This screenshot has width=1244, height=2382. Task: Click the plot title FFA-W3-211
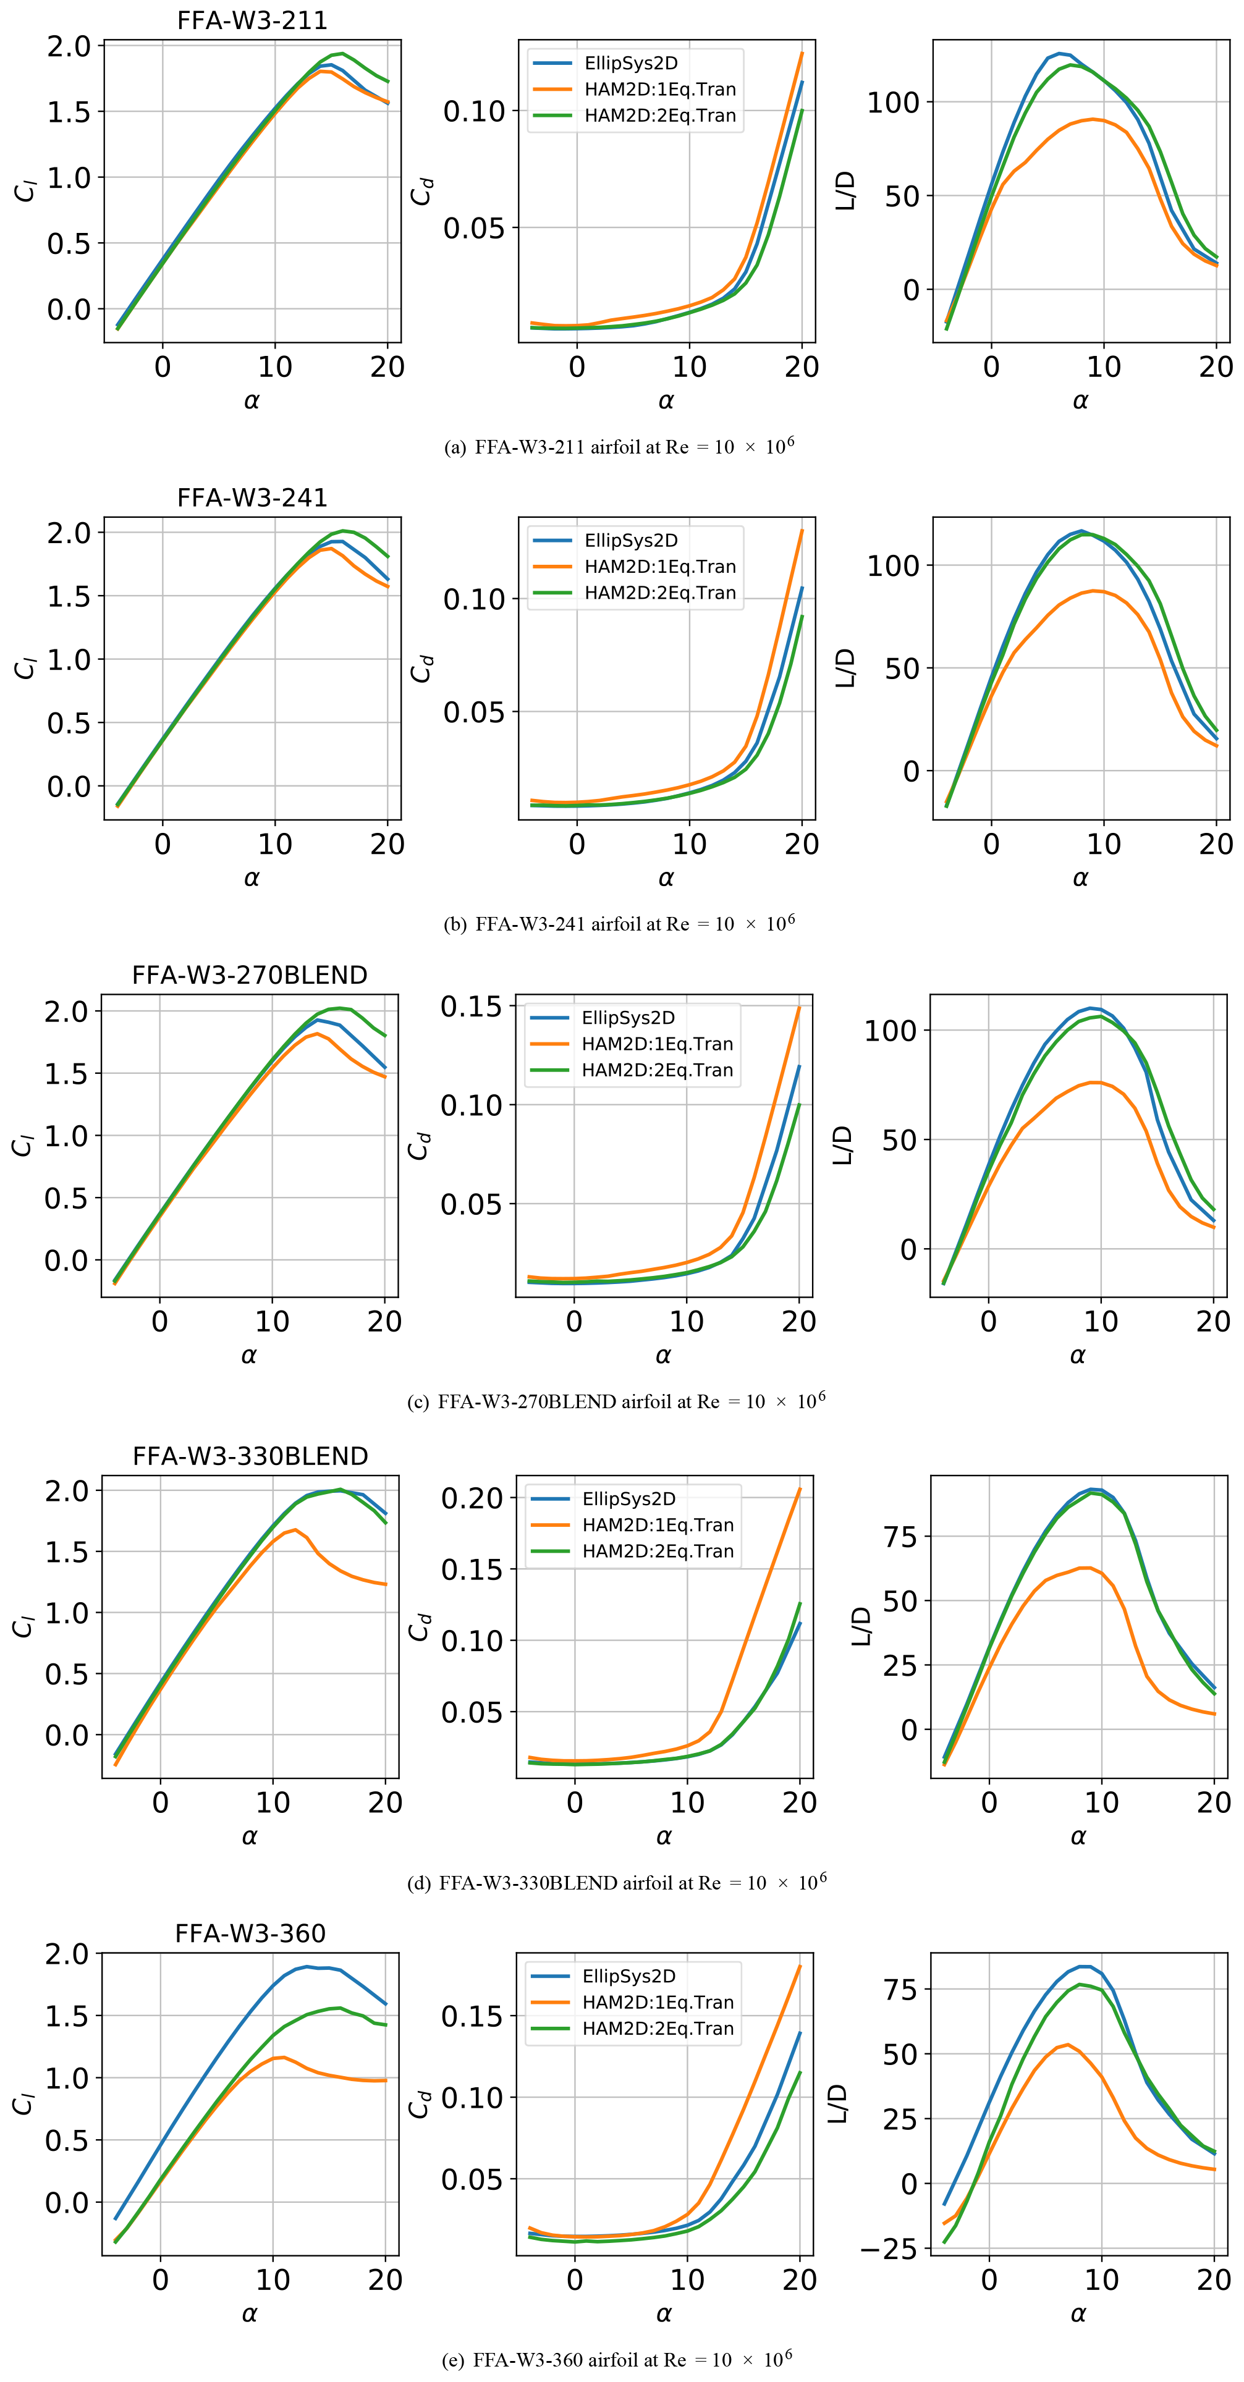click(252, 20)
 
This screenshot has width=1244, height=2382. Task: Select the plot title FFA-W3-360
click(250, 1933)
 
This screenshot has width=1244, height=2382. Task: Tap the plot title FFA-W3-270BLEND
click(250, 976)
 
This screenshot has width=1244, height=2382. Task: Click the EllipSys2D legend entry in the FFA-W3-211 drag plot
click(631, 64)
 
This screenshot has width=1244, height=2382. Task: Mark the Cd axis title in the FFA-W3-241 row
click(421, 667)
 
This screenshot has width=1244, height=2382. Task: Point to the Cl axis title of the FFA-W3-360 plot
click(22, 2104)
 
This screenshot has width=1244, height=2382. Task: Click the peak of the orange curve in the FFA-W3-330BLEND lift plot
click(294, 1531)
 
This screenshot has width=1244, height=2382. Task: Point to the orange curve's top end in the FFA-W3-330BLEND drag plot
click(800, 1489)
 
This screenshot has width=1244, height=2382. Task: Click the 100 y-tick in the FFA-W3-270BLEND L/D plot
click(889, 1031)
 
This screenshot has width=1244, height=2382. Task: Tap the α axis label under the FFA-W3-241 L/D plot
click(1080, 879)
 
